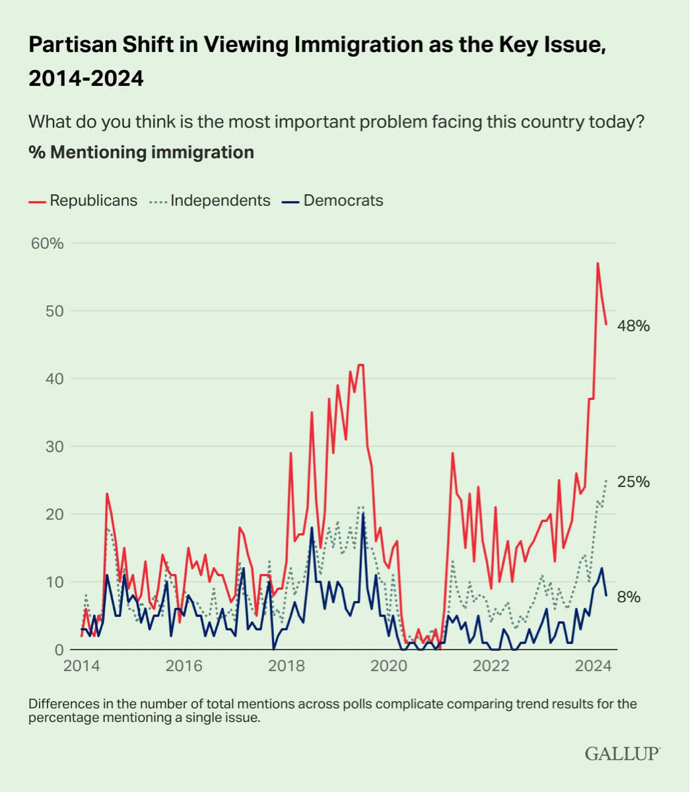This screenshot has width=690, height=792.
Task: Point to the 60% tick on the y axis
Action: click(x=48, y=244)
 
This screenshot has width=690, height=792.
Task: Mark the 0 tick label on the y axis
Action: click(x=59, y=649)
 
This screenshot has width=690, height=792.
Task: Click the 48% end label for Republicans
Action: click(x=634, y=326)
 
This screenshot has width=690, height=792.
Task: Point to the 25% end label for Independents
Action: click(x=634, y=482)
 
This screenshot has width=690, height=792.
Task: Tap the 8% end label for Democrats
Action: click(x=629, y=597)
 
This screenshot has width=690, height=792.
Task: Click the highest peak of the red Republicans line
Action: click(x=598, y=263)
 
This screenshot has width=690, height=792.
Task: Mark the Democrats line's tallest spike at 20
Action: click(x=363, y=514)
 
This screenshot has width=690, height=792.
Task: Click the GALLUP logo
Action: click(x=622, y=753)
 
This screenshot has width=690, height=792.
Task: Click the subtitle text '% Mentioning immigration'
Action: click(x=141, y=152)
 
